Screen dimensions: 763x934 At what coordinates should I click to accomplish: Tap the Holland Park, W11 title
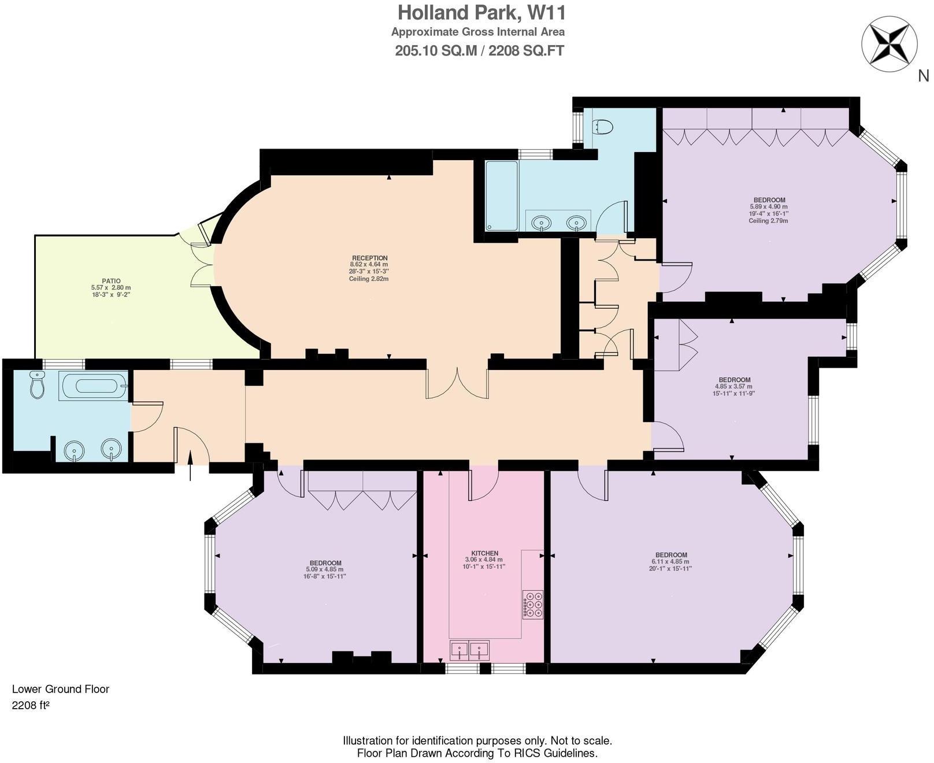pyautogui.click(x=481, y=12)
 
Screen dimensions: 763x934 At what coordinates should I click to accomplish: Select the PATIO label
pyautogui.click(x=111, y=281)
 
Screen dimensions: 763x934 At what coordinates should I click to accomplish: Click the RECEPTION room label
pyautogui.click(x=370, y=258)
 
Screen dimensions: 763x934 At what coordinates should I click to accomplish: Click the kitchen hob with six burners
pyautogui.click(x=533, y=605)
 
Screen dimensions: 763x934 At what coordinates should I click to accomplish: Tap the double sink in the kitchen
pyautogui.click(x=470, y=650)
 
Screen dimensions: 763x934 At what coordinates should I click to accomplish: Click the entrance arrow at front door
pyautogui.click(x=191, y=466)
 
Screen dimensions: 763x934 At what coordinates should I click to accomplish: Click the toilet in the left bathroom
pyautogui.click(x=38, y=386)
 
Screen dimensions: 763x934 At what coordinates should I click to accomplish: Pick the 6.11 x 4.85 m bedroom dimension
pyautogui.click(x=670, y=561)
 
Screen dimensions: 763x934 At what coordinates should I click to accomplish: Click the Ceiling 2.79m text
pyautogui.click(x=768, y=220)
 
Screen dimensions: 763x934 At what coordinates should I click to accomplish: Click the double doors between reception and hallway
pyautogui.click(x=457, y=383)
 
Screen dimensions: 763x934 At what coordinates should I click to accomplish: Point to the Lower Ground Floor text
pyautogui.click(x=61, y=689)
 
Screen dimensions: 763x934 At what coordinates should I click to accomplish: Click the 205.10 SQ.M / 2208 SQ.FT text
pyautogui.click(x=479, y=51)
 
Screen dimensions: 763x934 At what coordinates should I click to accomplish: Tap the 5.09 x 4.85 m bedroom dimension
pyautogui.click(x=325, y=569)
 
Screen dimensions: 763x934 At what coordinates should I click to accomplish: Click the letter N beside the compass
pyautogui.click(x=923, y=76)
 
